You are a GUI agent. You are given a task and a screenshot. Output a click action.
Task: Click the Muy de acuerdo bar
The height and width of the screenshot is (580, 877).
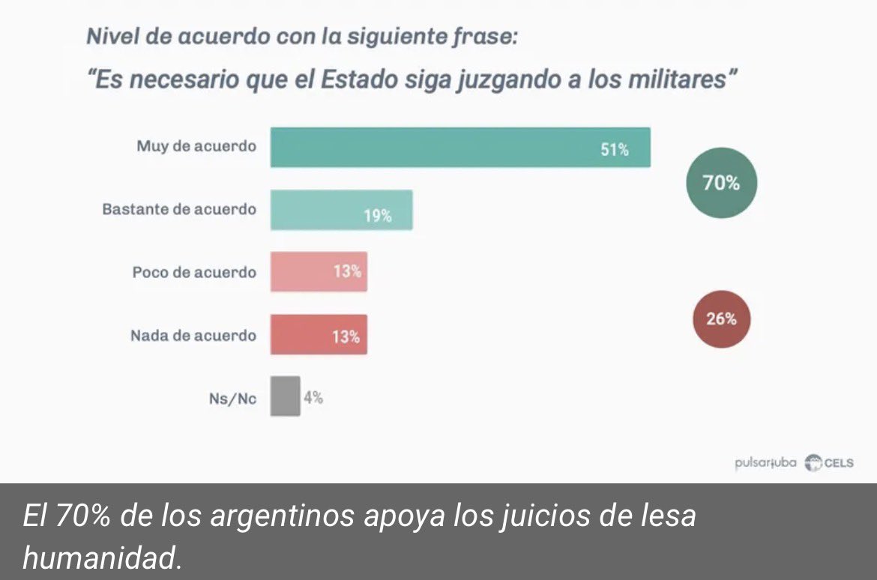tap(459, 148)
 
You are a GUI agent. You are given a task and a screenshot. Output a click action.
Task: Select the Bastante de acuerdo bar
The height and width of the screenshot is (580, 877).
tap(341, 210)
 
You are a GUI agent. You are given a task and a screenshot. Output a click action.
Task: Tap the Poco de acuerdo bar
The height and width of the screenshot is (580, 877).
tap(319, 271)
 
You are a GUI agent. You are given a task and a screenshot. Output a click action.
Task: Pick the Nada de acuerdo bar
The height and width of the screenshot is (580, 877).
tap(319, 335)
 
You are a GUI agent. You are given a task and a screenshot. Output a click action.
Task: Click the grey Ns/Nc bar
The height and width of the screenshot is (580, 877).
tap(285, 396)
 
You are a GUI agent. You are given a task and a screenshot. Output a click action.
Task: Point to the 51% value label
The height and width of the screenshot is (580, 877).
tap(614, 150)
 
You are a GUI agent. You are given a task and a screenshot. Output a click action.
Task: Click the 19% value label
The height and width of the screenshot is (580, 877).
tap(378, 216)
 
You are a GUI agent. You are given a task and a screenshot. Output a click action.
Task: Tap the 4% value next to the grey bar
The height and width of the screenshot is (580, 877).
tap(313, 398)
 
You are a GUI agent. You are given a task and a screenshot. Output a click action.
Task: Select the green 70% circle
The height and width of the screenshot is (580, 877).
tap(721, 183)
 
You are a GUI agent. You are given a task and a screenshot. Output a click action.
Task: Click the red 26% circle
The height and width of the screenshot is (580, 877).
tap(721, 318)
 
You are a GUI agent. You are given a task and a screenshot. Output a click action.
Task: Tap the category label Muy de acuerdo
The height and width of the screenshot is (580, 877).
tap(196, 146)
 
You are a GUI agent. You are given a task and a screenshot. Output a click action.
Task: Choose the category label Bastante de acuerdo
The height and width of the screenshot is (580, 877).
tap(179, 209)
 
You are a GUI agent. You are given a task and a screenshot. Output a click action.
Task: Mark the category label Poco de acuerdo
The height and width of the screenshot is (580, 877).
tap(194, 272)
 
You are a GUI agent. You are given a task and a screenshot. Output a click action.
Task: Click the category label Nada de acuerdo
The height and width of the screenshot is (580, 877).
tap(193, 336)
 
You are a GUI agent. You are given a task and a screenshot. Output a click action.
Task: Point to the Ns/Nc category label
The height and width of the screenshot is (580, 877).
tap(232, 399)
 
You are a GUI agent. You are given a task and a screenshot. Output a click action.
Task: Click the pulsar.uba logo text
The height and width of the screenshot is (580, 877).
tap(765, 462)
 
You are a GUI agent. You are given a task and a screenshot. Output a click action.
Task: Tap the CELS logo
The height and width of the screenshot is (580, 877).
tap(829, 462)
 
